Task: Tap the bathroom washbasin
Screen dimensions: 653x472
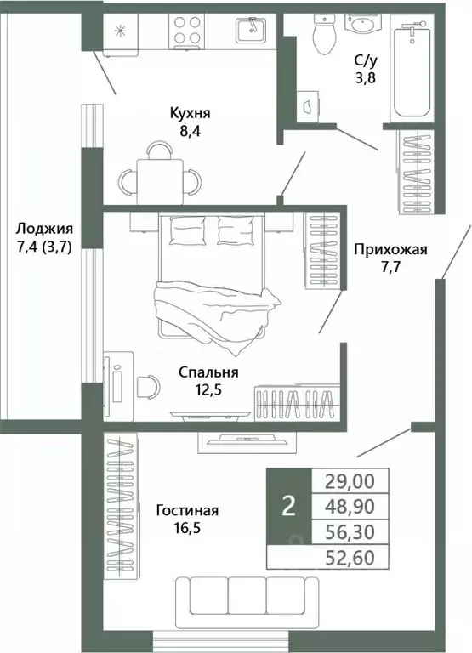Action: click(x=366, y=23)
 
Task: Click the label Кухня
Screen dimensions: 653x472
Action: click(x=190, y=113)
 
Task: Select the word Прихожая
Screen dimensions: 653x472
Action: click(x=390, y=250)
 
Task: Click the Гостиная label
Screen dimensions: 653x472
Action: click(x=187, y=510)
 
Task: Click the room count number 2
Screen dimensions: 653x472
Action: click(x=289, y=506)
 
